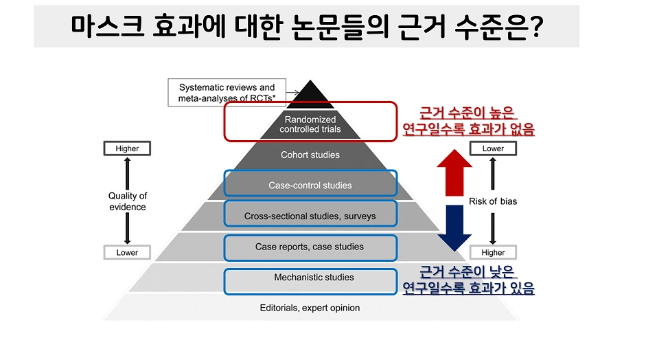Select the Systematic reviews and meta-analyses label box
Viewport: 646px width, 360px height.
pos(227,93)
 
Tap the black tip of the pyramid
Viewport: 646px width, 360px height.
pos(312,93)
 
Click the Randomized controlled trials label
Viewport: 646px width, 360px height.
pos(312,124)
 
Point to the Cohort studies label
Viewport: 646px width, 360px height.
pos(310,155)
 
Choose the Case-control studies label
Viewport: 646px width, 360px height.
pos(310,185)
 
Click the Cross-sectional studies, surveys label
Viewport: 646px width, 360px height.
pos(310,216)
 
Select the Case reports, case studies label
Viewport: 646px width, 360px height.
pos(310,247)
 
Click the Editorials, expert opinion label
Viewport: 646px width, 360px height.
pos(310,308)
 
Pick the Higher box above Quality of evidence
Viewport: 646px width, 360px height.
pos(126,148)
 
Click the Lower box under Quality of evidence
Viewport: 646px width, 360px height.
pos(126,252)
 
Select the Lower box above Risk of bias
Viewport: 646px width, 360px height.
pos(493,148)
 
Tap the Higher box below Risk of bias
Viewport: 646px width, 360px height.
pos(493,252)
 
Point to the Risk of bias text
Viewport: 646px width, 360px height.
pos(493,201)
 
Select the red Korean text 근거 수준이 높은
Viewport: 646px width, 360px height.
pos(468,113)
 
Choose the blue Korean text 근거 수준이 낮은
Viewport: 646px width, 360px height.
pos(468,271)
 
